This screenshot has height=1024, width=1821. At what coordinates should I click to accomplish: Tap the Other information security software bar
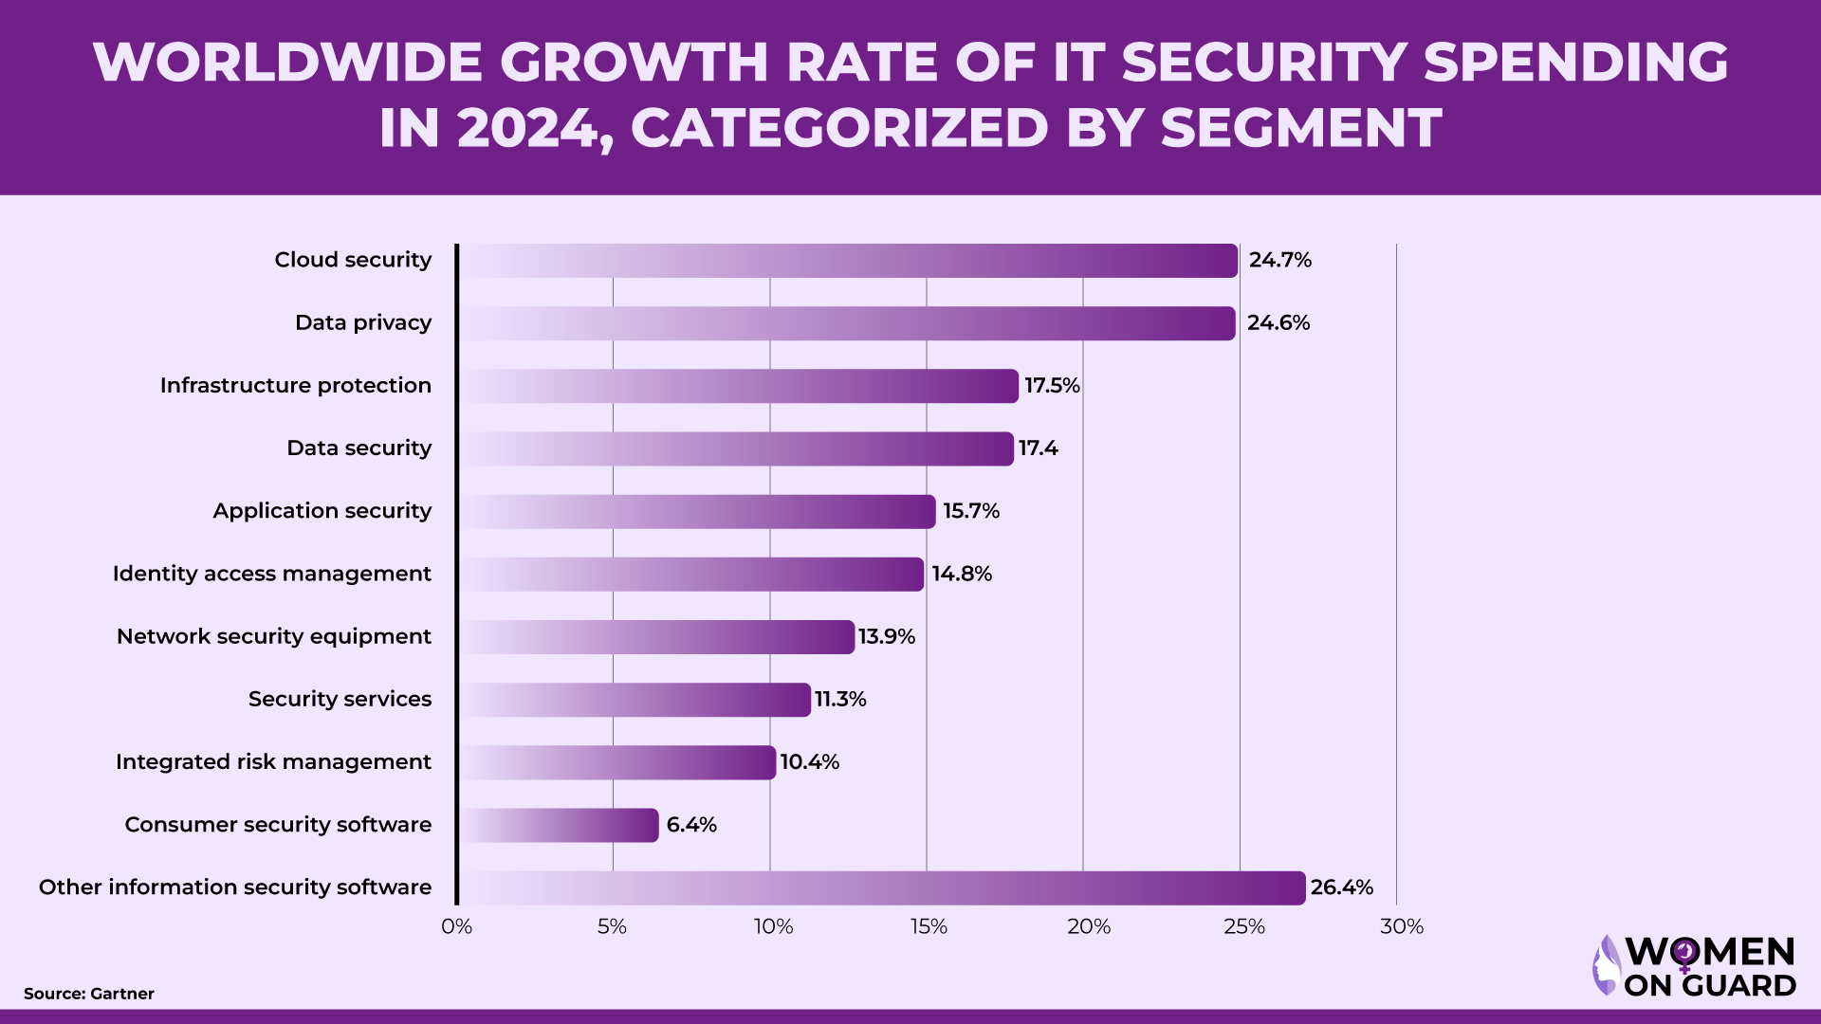(882, 888)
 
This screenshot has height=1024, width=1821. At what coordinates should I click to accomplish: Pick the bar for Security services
(635, 700)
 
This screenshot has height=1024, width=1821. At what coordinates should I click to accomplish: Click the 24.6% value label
(1278, 323)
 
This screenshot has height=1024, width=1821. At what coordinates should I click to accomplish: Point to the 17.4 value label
(1038, 448)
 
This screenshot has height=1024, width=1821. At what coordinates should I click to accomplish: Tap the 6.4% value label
(690, 825)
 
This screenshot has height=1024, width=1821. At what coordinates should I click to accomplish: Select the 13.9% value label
(886, 637)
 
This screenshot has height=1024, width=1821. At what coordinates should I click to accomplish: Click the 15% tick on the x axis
(929, 926)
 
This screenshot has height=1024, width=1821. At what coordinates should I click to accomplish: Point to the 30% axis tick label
(1401, 926)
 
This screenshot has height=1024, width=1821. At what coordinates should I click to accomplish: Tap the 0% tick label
(456, 926)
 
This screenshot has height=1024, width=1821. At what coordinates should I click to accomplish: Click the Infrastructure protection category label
(295, 386)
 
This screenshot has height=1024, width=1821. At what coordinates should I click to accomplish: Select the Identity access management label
(271, 574)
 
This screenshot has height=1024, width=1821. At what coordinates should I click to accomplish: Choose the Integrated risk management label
(273, 762)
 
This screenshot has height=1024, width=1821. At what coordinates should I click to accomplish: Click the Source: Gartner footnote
(88, 994)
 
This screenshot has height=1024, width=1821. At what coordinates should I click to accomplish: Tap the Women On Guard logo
(1694, 966)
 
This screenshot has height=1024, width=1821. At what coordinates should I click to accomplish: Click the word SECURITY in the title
(1265, 63)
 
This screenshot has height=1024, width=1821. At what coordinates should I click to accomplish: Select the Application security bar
(698, 512)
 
